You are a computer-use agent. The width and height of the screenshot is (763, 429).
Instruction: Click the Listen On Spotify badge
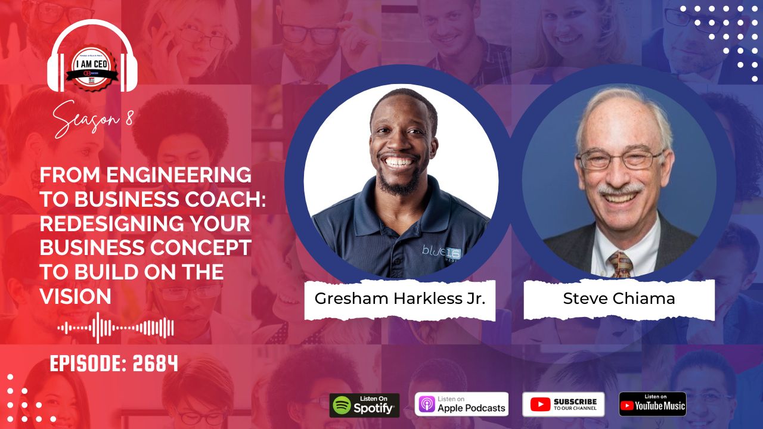[364, 405]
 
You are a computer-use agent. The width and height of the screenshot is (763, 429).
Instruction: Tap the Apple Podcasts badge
[461, 404]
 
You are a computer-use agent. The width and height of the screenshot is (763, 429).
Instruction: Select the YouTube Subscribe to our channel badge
[563, 404]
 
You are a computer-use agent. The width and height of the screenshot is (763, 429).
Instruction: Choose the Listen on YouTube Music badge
[652, 404]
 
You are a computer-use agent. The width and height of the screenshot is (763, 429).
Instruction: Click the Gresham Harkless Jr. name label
[399, 299]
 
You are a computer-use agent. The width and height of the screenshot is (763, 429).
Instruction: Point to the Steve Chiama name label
[619, 299]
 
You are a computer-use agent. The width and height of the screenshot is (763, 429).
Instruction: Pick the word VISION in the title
[75, 296]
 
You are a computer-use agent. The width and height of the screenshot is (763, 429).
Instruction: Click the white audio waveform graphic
[116, 328]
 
